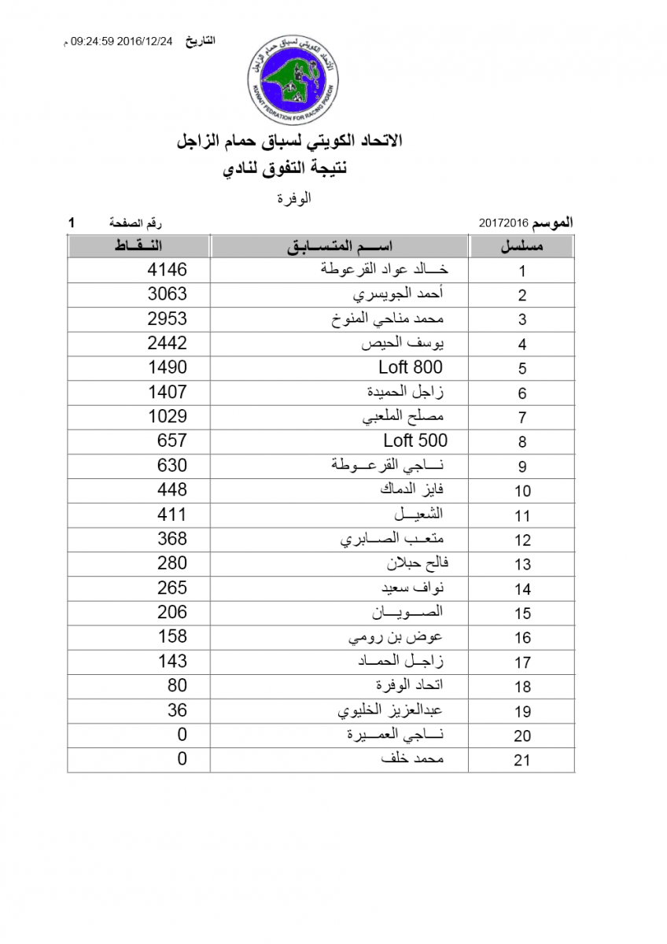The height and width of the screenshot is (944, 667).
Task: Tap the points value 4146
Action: [x=168, y=270]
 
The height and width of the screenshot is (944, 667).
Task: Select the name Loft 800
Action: [x=411, y=367]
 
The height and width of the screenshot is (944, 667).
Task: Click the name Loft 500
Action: [x=415, y=441]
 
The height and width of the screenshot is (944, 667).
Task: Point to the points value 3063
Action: [x=168, y=294]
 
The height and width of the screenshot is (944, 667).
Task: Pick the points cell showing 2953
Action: [x=168, y=319]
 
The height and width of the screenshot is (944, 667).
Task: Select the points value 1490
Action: [x=168, y=367]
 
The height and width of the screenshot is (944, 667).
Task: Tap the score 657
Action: [x=172, y=441]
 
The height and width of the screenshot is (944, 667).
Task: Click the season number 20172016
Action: [x=503, y=223]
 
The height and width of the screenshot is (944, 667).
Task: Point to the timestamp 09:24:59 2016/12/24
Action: [x=121, y=41]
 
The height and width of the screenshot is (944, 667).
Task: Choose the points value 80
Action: [x=177, y=685]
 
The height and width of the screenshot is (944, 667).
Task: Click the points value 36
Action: [x=177, y=710]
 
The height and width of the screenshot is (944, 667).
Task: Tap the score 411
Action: [x=172, y=514]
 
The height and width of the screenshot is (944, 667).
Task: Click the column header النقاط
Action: [x=138, y=247]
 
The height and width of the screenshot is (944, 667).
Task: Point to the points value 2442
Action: [x=168, y=343]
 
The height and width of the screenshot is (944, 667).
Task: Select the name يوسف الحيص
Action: [x=404, y=344]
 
